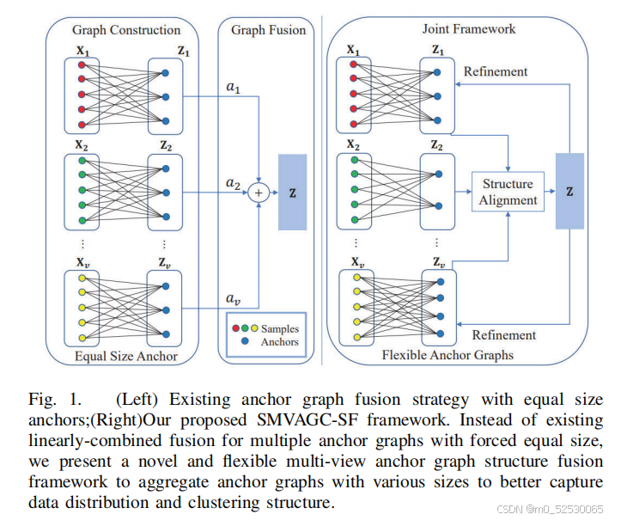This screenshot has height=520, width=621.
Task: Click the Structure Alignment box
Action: click(508, 193)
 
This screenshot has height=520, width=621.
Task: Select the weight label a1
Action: click(233, 86)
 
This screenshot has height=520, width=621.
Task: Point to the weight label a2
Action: click(233, 183)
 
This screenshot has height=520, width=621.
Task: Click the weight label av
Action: click(233, 298)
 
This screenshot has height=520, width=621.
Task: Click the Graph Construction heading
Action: click(127, 30)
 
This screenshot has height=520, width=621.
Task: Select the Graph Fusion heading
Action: click(268, 30)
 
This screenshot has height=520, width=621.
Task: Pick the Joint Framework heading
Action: click(469, 29)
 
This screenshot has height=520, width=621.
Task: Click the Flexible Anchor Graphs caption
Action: click(447, 354)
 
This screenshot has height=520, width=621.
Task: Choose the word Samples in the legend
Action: click(281, 328)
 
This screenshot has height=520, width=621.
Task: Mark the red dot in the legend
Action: click(234, 328)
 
